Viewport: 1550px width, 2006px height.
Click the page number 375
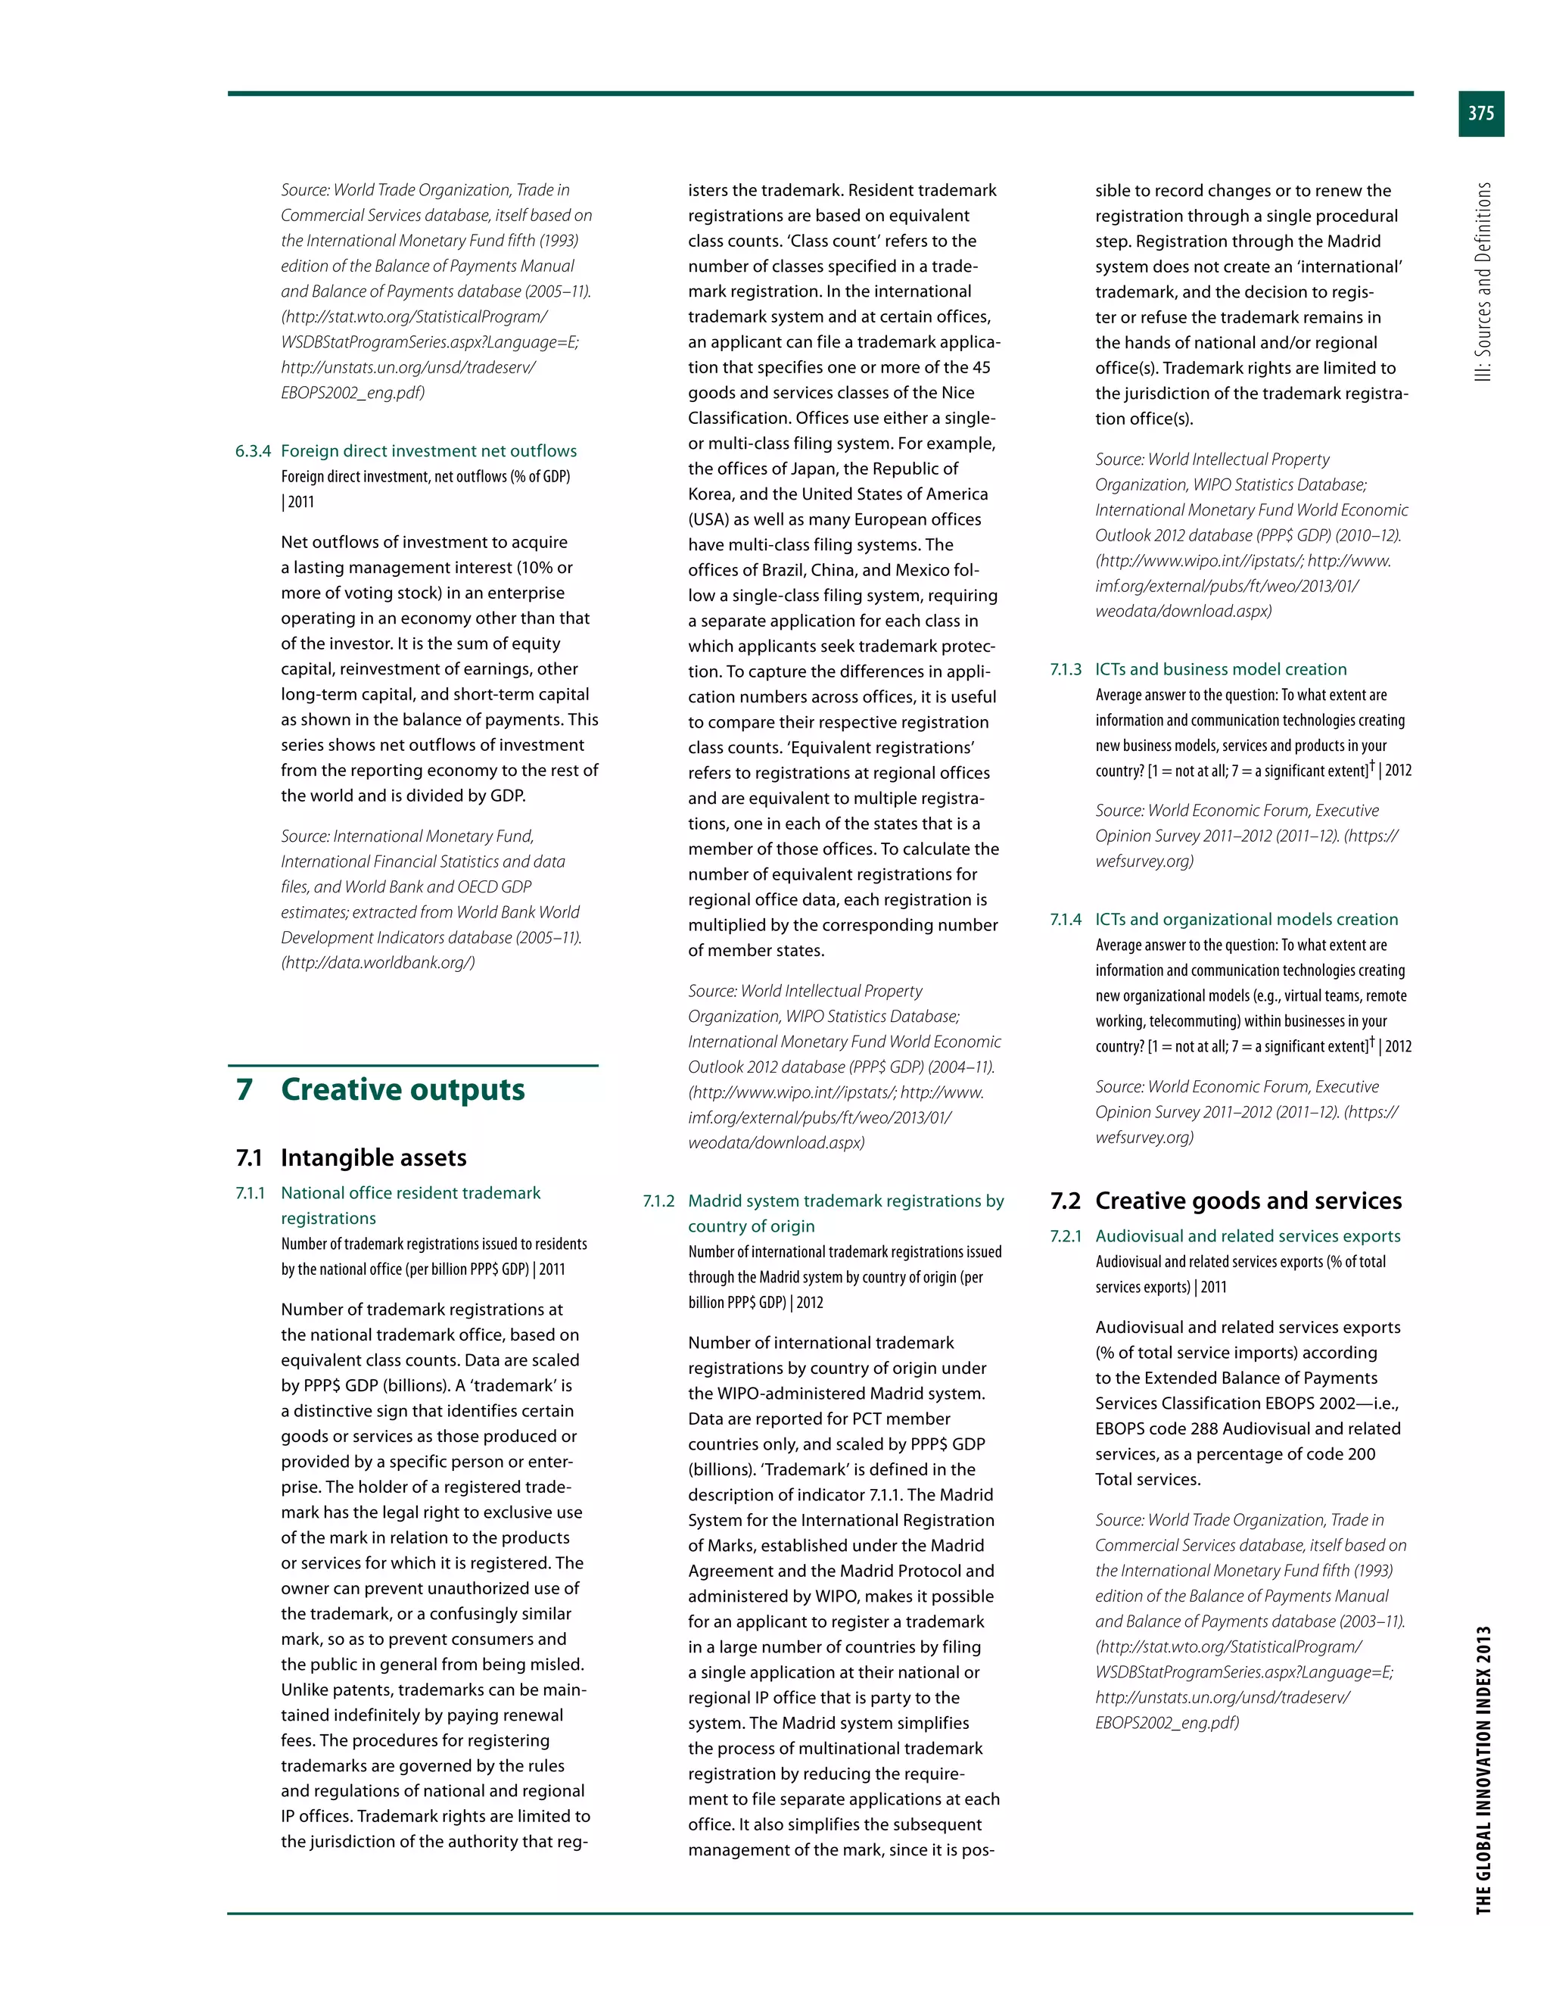[1480, 114]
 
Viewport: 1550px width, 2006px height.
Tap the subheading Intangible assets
[373, 1157]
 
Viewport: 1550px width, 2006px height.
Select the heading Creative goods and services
[1248, 1201]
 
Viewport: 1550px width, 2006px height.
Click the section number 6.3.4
[253, 451]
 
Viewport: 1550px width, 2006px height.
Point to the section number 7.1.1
[250, 1193]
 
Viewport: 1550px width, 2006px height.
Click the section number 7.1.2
[658, 1201]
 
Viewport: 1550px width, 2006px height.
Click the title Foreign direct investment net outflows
[429, 451]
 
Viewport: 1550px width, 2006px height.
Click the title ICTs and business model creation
[1220, 670]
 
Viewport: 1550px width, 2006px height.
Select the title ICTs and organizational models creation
[1246, 920]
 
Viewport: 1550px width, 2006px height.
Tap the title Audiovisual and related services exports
[1247, 1236]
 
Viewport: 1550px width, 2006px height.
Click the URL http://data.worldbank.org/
[378, 964]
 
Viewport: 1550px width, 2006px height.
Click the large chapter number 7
[244, 1089]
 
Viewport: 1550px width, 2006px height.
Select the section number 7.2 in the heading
[1065, 1201]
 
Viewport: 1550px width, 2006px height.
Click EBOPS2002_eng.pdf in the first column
[352, 393]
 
